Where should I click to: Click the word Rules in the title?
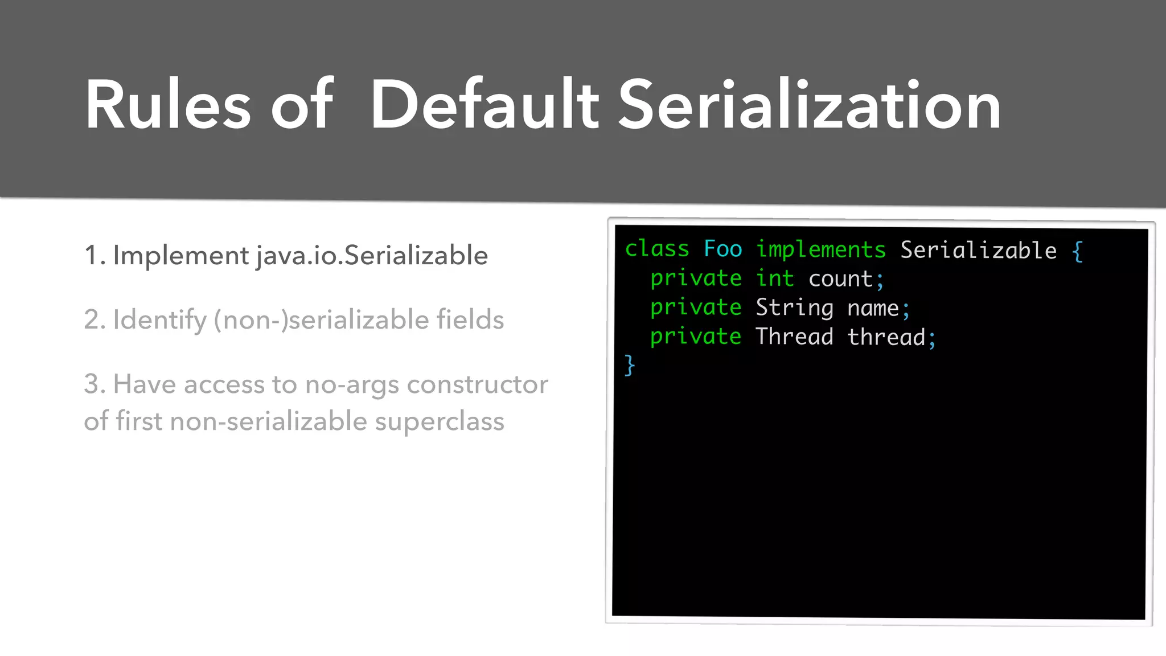tap(168, 105)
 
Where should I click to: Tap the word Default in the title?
tap(484, 105)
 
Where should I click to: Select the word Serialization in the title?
tap(808, 105)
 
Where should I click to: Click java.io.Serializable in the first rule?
tap(372, 255)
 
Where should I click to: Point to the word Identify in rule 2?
tap(159, 319)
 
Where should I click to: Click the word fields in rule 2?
tap(470, 319)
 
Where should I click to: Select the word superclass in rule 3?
tap(440, 421)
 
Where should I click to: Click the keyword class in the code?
tap(657, 249)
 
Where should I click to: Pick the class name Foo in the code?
tap(722, 249)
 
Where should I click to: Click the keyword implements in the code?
tap(820, 250)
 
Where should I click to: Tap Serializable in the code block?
tap(978, 251)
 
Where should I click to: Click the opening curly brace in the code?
tap(1077, 251)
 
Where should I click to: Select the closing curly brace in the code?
tap(630, 365)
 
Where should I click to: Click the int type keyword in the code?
tap(774, 278)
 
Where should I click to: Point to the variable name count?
tap(840, 279)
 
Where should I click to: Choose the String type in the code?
tap(794, 307)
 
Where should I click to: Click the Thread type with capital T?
tap(794, 337)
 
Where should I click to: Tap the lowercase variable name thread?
tap(886, 337)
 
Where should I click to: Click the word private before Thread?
tap(696, 336)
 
